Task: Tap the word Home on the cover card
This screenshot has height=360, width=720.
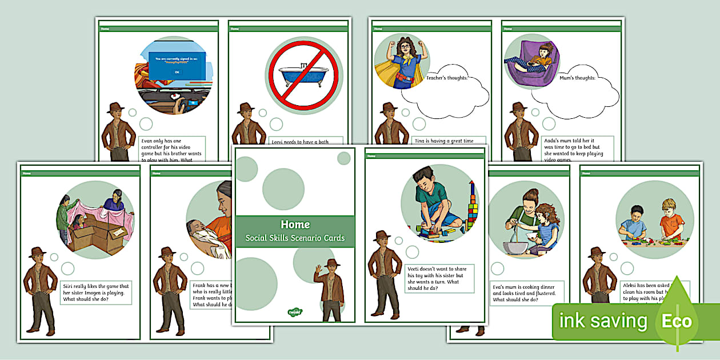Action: tap(295, 225)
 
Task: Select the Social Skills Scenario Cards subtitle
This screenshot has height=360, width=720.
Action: tap(295, 238)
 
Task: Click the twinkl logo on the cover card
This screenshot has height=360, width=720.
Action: tap(295, 312)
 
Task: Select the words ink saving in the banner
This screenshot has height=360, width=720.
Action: tap(603, 321)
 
